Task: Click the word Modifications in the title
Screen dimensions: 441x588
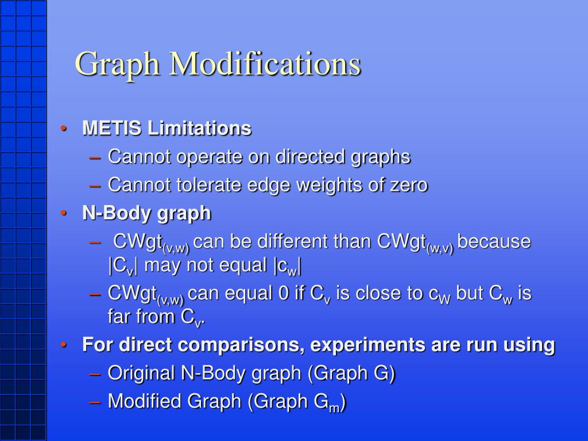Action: (264, 63)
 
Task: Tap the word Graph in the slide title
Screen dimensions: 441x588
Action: (118, 64)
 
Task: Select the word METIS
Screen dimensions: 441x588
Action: (113, 128)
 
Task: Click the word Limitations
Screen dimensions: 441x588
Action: (199, 128)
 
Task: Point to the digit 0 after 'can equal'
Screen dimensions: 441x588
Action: (284, 293)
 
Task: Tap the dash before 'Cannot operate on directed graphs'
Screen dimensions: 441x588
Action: (96, 157)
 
